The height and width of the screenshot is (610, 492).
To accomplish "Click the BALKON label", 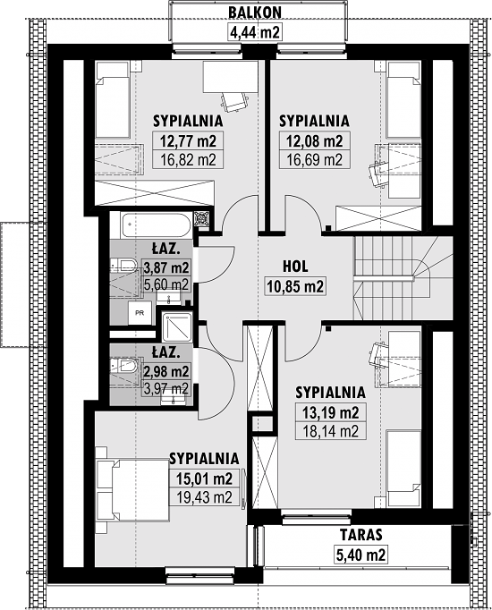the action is click(255, 12).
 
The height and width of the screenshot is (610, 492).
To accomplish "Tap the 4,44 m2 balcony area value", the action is click(255, 32).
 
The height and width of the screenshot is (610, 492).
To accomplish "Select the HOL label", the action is click(295, 267).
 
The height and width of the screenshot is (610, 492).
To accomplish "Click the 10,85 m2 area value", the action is click(295, 287).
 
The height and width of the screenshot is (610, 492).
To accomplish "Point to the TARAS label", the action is click(361, 535).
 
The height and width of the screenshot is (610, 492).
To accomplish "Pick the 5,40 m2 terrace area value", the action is click(361, 555).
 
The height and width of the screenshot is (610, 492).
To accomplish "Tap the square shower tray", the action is click(177, 327).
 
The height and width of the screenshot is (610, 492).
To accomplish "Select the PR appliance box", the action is click(140, 312).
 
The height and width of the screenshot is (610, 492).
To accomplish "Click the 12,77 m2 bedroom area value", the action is click(188, 140).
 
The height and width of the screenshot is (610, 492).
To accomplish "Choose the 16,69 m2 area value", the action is click(314, 159).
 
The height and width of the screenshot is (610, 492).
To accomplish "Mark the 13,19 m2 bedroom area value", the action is click(331, 412).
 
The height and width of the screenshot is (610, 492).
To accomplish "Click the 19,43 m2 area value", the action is click(204, 496).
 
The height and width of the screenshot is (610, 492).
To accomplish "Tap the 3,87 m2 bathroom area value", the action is click(166, 267).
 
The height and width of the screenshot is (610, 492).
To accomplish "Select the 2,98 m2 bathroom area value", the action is click(166, 371).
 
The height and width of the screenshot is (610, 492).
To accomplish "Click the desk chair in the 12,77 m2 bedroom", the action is click(233, 102).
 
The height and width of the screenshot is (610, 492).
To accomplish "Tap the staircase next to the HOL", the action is click(403, 278).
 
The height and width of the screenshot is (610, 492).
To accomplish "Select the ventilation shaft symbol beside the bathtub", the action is click(202, 220).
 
